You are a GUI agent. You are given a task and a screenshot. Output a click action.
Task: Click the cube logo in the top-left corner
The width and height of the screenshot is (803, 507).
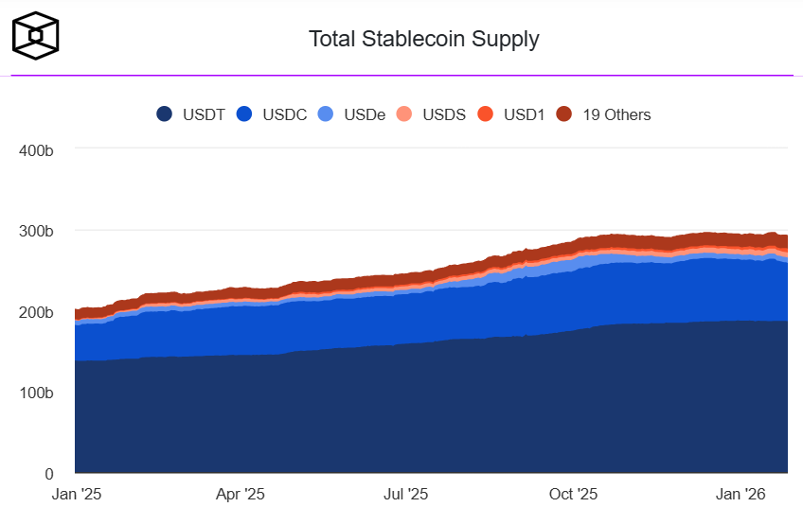(36, 35)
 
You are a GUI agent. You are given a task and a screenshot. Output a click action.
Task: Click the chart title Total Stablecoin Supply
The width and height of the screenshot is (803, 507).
(423, 39)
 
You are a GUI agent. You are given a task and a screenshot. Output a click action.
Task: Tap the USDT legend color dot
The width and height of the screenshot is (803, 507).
(164, 114)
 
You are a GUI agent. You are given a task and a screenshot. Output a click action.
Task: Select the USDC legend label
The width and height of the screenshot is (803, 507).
(285, 114)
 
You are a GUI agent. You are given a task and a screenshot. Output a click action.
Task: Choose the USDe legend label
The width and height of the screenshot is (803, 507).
(365, 114)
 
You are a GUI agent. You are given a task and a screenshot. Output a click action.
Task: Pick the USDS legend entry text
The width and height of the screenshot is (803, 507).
(444, 114)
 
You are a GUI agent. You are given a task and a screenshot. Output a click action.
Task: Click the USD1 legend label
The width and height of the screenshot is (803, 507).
(524, 114)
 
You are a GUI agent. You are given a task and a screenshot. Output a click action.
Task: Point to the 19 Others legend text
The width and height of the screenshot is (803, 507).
(616, 114)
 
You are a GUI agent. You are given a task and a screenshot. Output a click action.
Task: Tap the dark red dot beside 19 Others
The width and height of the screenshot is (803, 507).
(564, 114)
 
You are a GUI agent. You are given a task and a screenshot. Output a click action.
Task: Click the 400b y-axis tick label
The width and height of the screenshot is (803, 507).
(36, 149)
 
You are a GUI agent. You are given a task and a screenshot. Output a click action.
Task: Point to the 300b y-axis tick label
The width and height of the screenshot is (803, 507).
(36, 231)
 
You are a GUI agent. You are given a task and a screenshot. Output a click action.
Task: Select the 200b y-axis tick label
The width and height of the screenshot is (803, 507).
(36, 311)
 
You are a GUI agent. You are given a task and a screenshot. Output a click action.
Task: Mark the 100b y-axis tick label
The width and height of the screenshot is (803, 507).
(36, 393)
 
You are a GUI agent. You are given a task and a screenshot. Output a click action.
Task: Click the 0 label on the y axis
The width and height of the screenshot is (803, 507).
(49, 473)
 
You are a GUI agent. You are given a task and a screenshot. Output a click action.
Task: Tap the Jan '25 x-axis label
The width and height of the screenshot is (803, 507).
(75, 494)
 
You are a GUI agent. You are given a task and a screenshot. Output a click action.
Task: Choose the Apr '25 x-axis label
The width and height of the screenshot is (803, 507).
(241, 494)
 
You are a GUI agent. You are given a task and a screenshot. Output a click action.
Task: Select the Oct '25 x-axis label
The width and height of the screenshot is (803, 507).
(574, 494)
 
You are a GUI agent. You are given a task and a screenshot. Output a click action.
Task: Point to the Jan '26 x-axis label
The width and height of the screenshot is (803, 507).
(740, 494)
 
